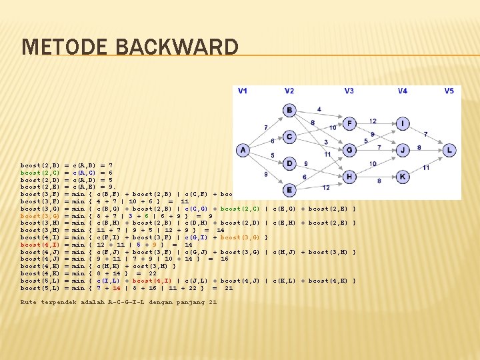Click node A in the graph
pos(243,151)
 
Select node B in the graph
pos(289,109)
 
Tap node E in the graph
pos(289,190)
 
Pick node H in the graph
pos(351,177)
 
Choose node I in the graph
pos(403,123)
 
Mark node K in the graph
pos(403,177)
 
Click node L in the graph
pos(450,151)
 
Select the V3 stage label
pos(349,91)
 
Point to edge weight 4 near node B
pos(319,109)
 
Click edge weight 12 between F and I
pos(373,121)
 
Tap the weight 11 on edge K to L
pos(425,167)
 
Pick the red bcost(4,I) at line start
pos(40,245)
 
